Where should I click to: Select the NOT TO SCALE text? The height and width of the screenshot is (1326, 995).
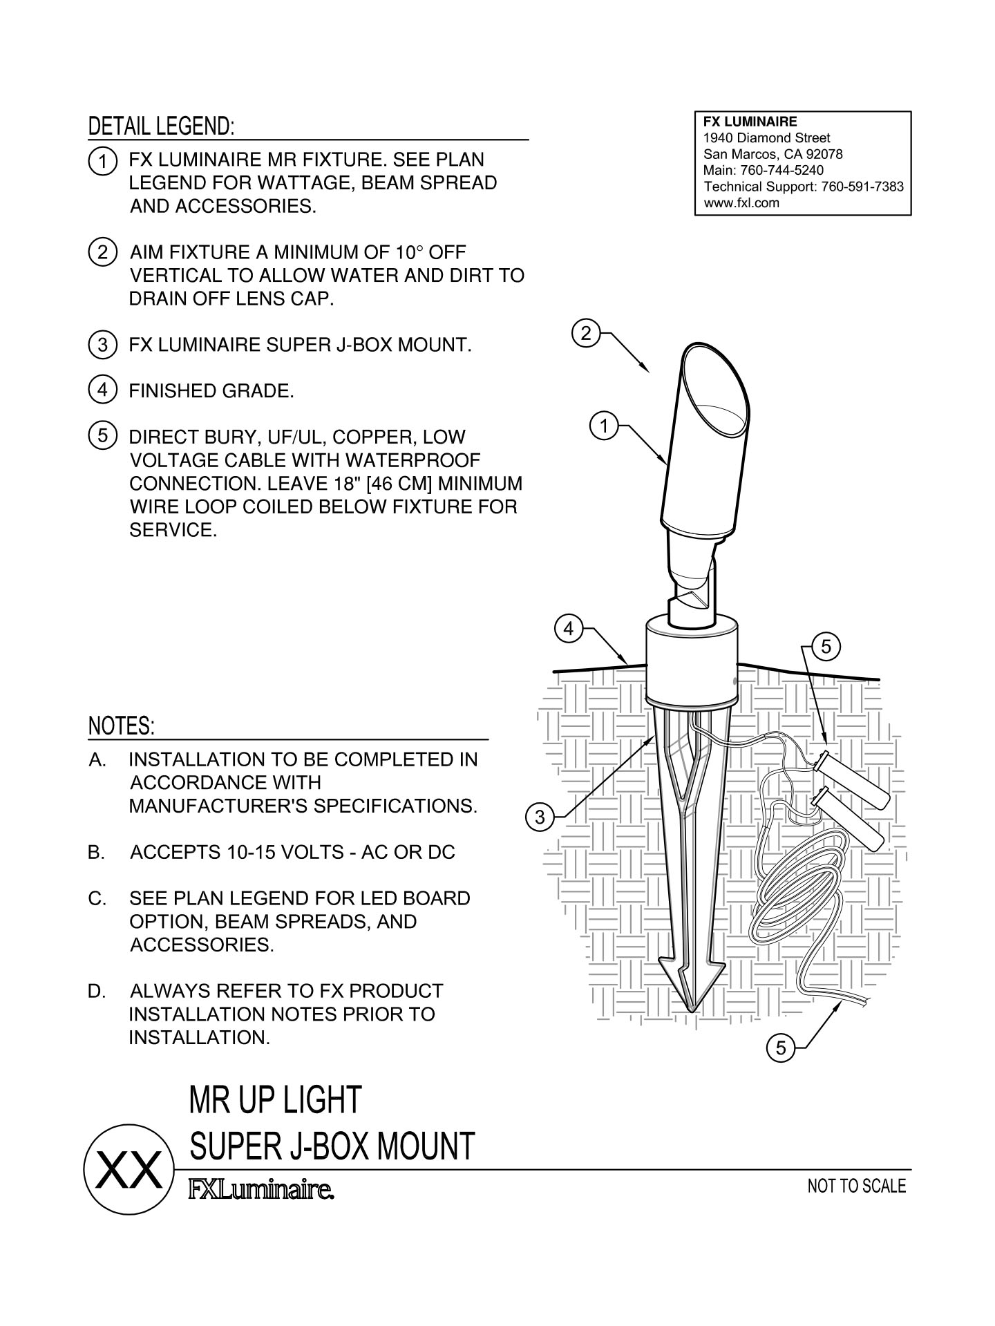(856, 1186)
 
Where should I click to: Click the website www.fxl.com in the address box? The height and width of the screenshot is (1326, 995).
(741, 203)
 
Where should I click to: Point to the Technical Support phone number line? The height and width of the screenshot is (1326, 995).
(803, 187)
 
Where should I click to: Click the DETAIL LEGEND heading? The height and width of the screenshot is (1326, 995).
(161, 126)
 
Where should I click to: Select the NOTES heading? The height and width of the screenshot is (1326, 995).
(122, 726)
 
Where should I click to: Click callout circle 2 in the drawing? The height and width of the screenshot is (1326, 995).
(586, 334)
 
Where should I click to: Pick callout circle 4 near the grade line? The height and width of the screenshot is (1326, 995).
(568, 629)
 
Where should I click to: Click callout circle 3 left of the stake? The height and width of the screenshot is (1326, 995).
(540, 817)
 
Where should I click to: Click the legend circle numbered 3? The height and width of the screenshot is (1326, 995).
(102, 344)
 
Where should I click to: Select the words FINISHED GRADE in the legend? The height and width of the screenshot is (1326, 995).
(211, 391)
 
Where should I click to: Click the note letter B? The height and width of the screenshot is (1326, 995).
(96, 853)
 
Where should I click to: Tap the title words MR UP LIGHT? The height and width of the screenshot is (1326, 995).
(275, 1100)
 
